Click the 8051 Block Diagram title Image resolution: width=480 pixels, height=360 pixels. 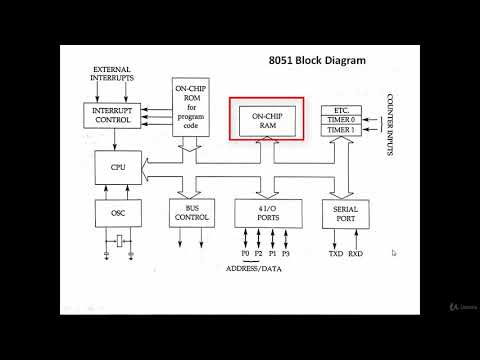[317, 61]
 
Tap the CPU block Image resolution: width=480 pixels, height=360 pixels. [118, 165]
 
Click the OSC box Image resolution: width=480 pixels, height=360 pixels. [118, 212]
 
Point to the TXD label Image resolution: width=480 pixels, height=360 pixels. [336, 254]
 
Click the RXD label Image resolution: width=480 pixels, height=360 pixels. [355, 254]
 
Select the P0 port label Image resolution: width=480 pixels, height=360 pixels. [244, 254]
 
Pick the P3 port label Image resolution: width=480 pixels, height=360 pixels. [285, 254]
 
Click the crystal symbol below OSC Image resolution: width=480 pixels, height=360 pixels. [118, 241]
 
